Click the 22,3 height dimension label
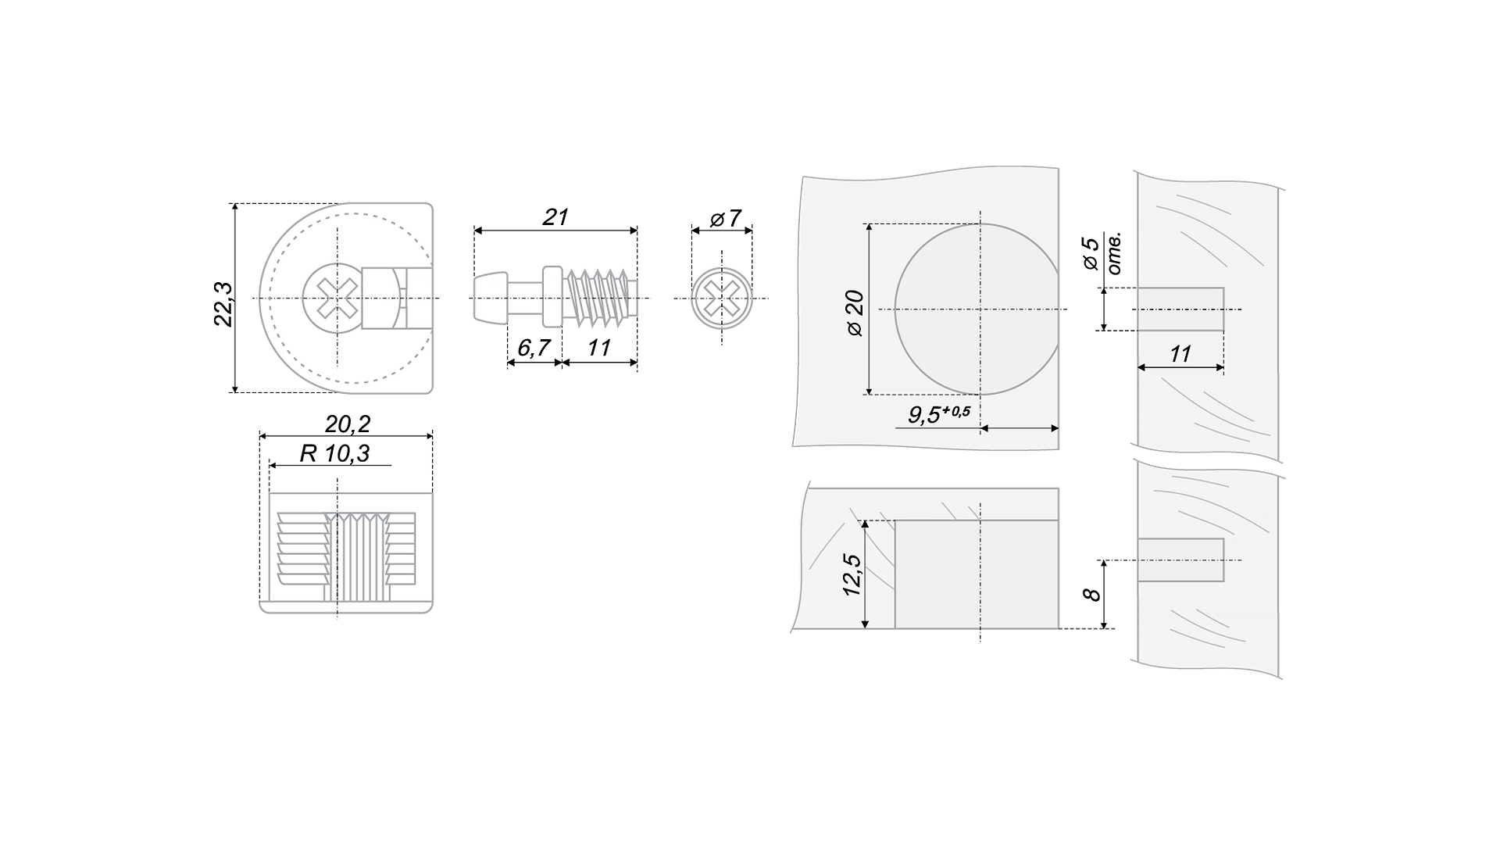pos(223,303)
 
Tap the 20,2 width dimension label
pos(348,424)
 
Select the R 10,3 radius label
pos(335,453)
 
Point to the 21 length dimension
pos(555,217)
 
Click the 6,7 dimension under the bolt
pos(534,348)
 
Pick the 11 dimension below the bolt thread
pos(599,348)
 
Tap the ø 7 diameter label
pos(725,218)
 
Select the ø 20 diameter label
pos(855,313)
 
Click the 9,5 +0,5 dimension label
pos(938,414)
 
